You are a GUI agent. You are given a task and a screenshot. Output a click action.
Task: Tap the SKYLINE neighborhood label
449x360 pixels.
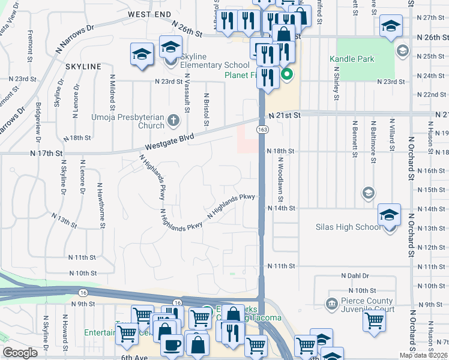point(83,66)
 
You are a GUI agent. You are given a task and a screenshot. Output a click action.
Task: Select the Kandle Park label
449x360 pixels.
point(352,59)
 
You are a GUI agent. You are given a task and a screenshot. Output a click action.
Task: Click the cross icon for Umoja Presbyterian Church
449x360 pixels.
point(173,119)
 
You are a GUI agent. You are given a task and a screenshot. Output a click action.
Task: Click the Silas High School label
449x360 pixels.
point(348,227)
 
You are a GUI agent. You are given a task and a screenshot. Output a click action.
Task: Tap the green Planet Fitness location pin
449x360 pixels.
point(287,75)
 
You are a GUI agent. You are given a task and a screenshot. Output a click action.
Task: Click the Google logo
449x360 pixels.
point(20,353)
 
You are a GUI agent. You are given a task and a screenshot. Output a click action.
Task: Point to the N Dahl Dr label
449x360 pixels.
point(354,275)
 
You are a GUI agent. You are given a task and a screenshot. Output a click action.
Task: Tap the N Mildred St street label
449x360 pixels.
point(112,92)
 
